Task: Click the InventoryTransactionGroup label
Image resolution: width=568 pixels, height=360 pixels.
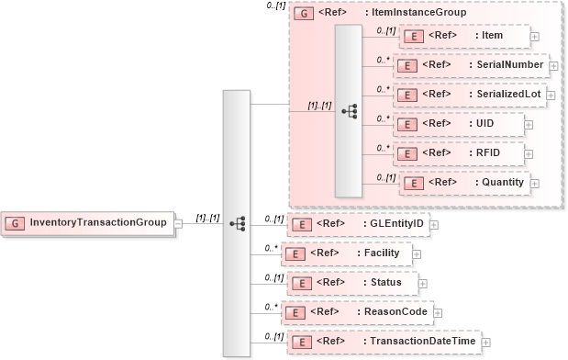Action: pyautogui.click(x=98, y=222)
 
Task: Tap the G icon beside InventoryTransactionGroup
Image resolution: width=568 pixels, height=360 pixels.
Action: pyautogui.click(x=17, y=222)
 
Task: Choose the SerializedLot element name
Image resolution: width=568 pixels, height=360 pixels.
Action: pyautogui.click(x=508, y=95)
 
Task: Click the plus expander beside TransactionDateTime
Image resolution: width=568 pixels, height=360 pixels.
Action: pyautogui.click(x=485, y=343)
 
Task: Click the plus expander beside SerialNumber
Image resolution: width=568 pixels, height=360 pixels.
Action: pyautogui.click(x=554, y=66)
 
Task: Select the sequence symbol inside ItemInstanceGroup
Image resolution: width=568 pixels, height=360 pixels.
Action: pyautogui.click(x=349, y=110)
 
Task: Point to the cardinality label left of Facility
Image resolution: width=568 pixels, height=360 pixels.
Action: pyautogui.click(x=271, y=246)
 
